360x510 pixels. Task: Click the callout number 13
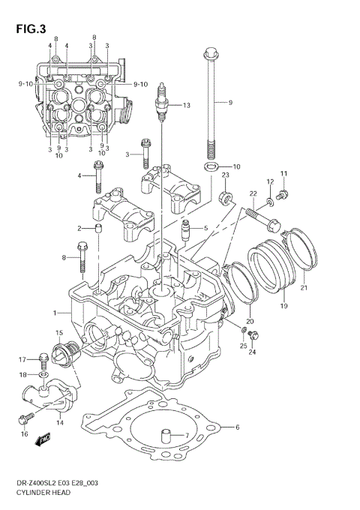point(187,105)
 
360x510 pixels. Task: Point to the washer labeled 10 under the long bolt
point(211,166)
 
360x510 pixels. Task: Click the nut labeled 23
point(223,199)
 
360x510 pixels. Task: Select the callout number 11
point(283,174)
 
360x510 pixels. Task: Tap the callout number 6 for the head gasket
point(237,427)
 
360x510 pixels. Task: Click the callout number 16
point(24,433)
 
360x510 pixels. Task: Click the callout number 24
point(252,352)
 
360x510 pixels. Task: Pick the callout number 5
point(205,228)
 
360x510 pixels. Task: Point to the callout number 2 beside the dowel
point(77,228)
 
